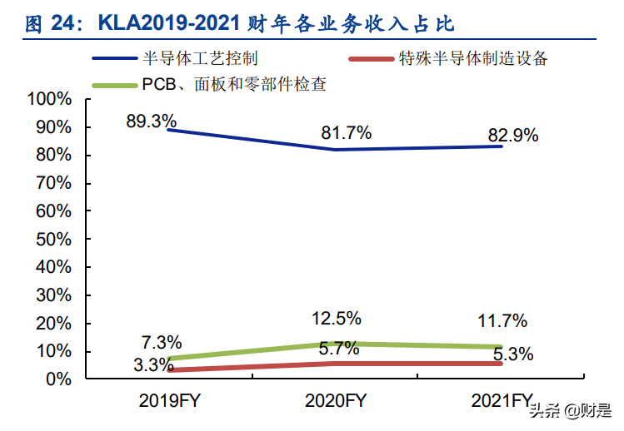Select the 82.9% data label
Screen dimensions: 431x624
click(x=512, y=135)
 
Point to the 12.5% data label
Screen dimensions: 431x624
click(x=336, y=318)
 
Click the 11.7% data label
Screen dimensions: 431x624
click(x=502, y=320)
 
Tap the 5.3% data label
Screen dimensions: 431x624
click(x=508, y=354)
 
